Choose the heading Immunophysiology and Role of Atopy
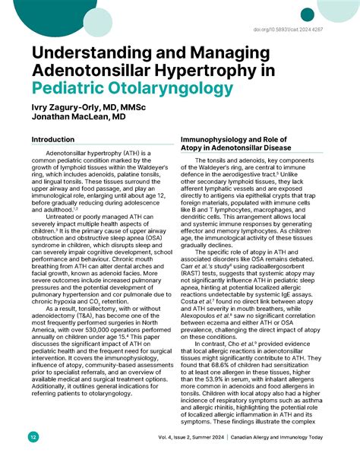click(242, 140)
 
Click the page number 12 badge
click(33, 438)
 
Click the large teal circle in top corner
click(330, 15)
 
